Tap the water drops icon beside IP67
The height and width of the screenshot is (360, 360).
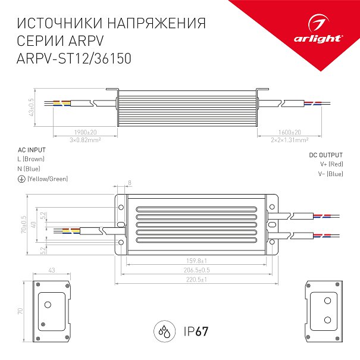(165, 331)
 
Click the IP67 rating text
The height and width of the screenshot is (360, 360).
(196, 331)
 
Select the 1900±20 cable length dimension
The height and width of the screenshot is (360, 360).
(86, 133)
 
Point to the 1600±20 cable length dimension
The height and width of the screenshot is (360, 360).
(290, 133)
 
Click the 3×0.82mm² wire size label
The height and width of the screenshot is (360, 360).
(85, 140)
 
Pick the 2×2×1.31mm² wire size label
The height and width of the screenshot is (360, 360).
(290, 140)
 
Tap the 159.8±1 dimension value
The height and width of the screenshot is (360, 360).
(196, 261)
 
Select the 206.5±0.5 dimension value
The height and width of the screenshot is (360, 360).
(196, 270)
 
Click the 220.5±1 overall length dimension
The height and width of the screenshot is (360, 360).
(196, 280)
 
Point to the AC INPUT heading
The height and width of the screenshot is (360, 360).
(32, 150)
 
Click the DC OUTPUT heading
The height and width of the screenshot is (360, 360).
(326, 155)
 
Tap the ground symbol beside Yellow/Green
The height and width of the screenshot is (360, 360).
(21, 179)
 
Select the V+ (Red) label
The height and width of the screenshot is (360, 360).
(331, 164)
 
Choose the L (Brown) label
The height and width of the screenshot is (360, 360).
(31, 159)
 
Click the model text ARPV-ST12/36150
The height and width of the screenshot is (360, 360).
(74, 58)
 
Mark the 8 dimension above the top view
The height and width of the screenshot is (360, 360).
(130, 183)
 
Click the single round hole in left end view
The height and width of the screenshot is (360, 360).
(48, 305)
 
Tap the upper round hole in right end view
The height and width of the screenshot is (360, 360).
(327, 300)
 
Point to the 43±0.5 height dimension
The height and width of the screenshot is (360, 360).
(31, 107)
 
